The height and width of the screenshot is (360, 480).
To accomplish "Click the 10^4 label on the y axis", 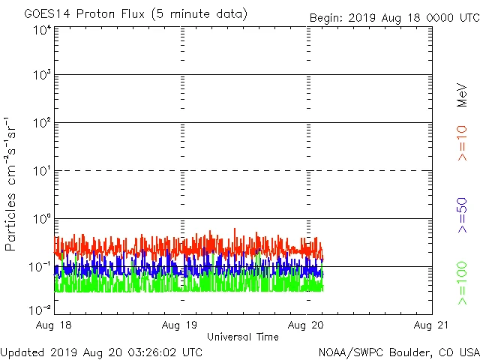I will pyautogui.click(x=42, y=30).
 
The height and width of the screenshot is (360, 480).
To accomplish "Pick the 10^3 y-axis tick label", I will pyautogui.click(x=42, y=75).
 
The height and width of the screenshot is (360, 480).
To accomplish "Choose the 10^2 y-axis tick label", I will pyautogui.click(x=42, y=123).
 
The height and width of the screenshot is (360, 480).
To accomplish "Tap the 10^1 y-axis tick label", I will pyautogui.click(x=42, y=171).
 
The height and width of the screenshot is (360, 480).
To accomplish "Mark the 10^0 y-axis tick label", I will pyautogui.click(x=42, y=219).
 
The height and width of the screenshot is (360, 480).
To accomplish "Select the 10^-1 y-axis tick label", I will pyautogui.click(x=40, y=267).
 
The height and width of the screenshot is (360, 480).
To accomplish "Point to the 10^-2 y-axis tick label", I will pyautogui.click(x=40, y=309).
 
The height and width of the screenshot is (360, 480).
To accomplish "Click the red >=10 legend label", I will pyautogui.click(x=462, y=143).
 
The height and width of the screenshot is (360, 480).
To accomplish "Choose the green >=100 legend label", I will pyautogui.click(x=462, y=283).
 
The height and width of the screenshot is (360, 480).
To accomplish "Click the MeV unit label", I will pyautogui.click(x=462, y=94).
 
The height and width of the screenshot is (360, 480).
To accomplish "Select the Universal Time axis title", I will pyautogui.click(x=243, y=337).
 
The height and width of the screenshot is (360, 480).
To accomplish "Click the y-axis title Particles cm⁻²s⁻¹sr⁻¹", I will pyautogui.click(x=13, y=184).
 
